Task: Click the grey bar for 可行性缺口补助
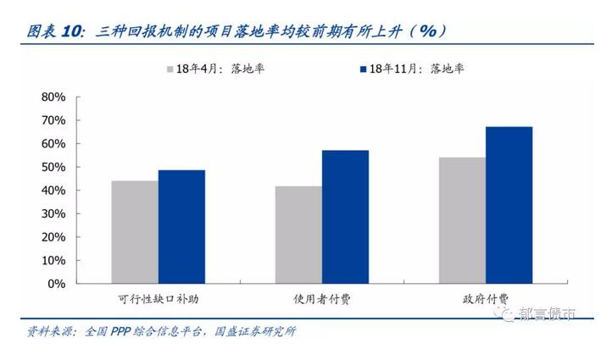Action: click(x=135, y=232)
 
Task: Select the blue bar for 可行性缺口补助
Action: click(x=181, y=227)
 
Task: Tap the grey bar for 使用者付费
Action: click(x=298, y=235)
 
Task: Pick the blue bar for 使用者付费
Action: click(x=345, y=217)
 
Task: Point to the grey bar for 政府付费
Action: click(x=463, y=220)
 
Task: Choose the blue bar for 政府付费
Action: click(x=509, y=205)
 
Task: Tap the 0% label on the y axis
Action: click(x=56, y=284)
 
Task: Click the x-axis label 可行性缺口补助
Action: click(x=159, y=299)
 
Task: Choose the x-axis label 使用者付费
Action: click(x=322, y=299)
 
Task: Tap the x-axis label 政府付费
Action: click(x=487, y=299)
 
